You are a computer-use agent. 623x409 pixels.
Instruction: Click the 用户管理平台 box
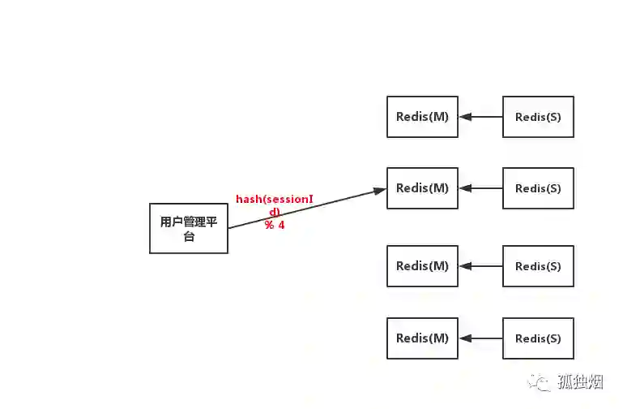[x=189, y=229]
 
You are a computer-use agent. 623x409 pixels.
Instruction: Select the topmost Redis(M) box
[x=422, y=116]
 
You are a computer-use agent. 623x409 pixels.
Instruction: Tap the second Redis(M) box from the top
[x=422, y=188]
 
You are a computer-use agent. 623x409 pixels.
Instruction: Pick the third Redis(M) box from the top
[x=422, y=265]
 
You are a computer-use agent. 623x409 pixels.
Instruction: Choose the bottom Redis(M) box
[x=422, y=338]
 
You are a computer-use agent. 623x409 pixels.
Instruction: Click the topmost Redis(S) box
[x=538, y=117]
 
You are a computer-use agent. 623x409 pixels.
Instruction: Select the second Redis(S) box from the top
[x=538, y=188]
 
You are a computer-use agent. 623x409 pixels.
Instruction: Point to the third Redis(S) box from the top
[x=538, y=266]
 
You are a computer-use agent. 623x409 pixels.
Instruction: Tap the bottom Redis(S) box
[x=538, y=338]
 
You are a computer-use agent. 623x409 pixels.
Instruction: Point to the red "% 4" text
[x=275, y=225]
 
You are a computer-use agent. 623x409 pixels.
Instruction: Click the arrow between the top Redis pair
[x=480, y=117]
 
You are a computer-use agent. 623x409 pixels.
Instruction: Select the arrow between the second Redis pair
[x=480, y=188]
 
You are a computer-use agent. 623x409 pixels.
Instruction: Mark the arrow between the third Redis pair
[x=480, y=266]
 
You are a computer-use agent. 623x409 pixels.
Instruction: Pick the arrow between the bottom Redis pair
[x=480, y=338]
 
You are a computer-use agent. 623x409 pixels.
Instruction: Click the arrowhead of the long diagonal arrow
[x=380, y=191]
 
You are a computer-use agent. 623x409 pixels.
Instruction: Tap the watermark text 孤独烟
[x=580, y=381]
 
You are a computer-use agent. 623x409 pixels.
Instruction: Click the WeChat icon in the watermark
[x=540, y=381]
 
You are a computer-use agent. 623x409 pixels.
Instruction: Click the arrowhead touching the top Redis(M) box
[x=464, y=117]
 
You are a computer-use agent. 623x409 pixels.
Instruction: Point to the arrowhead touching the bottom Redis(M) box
[x=464, y=338]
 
